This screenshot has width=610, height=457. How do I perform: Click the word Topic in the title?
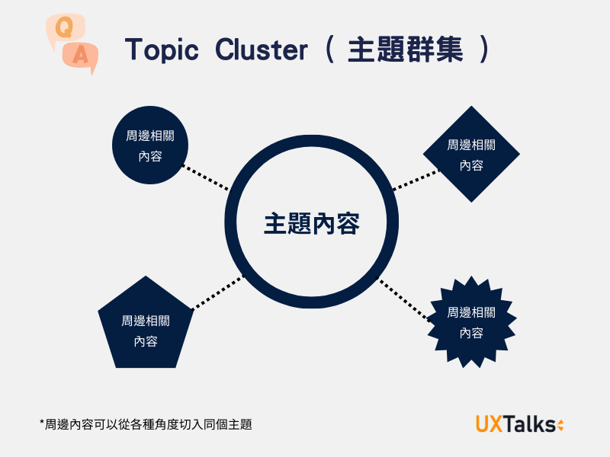pyautogui.click(x=162, y=50)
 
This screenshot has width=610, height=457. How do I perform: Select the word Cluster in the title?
pyautogui.click(x=262, y=50)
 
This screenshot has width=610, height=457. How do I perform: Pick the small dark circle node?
pyautogui.click(x=150, y=145)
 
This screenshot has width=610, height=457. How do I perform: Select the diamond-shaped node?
pyautogui.click(x=471, y=154)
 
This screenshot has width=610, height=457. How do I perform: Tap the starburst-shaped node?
pyautogui.click(x=470, y=323)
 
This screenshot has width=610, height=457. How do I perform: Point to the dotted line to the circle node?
pyautogui.click(x=207, y=178)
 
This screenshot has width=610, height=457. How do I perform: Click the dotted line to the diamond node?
pyautogui.click(x=416, y=180)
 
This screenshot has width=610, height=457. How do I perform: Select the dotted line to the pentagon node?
pyautogui.click(x=217, y=292)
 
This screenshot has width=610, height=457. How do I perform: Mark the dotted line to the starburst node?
pyautogui.click(x=405, y=300)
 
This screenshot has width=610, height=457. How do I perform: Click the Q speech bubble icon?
pyautogui.click(x=64, y=29)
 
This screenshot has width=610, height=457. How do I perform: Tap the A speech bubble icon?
pyautogui.click(x=82, y=56)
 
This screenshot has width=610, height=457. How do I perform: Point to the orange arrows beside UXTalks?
pyautogui.click(x=560, y=425)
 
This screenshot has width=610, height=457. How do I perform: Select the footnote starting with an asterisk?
pyautogui.click(x=145, y=424)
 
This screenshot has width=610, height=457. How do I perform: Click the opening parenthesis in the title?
pyautogui.click(x=329, y=50)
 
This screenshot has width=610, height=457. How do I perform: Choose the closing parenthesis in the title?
pyautogui.click(x=482, y=50)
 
